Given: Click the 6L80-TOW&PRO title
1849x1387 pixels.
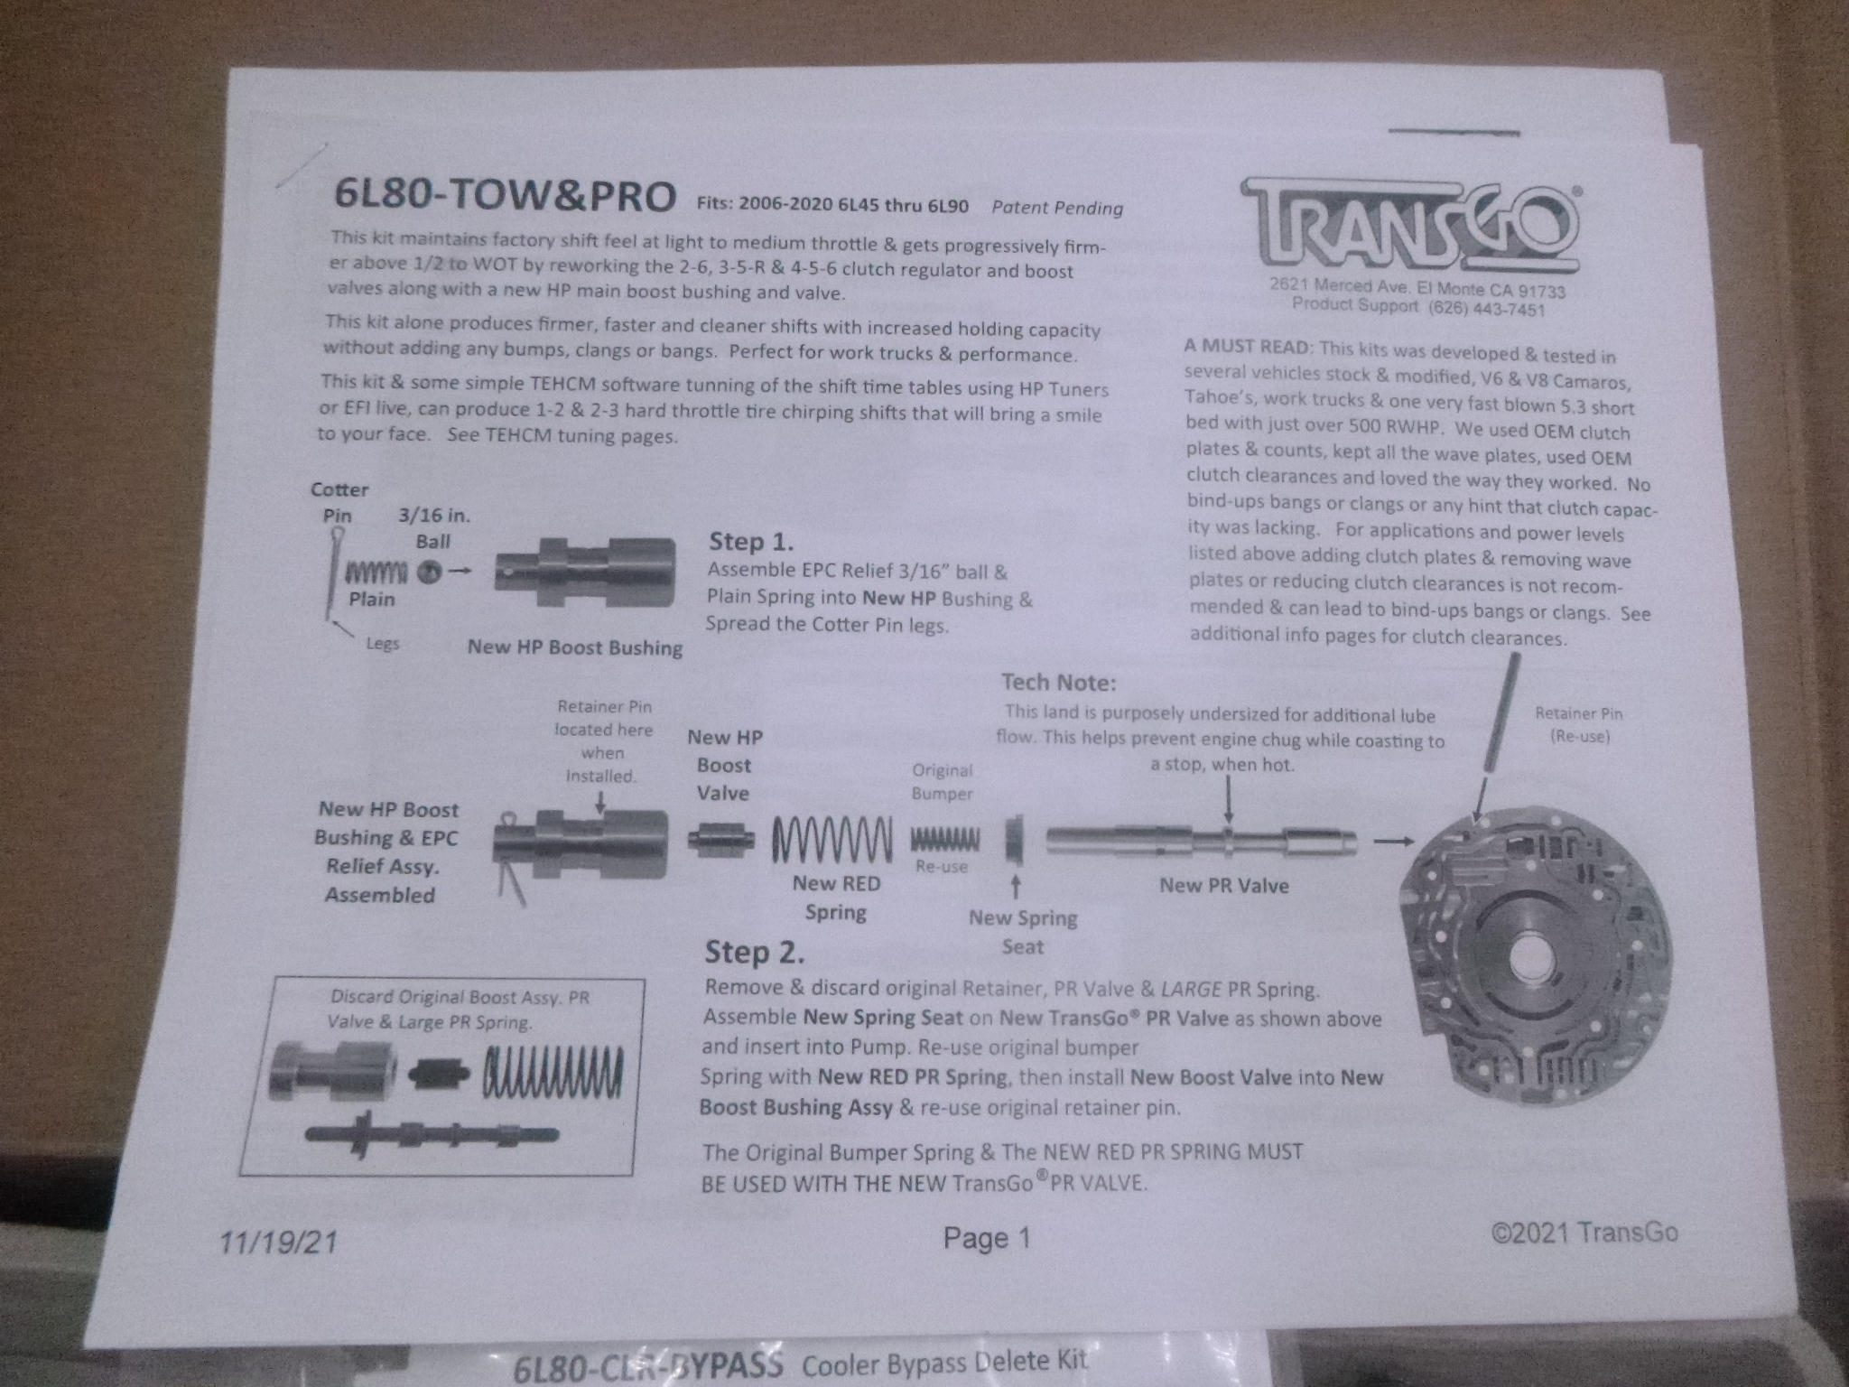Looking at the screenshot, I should (x=504, y=196).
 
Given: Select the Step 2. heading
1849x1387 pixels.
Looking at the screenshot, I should (x=754, y=952).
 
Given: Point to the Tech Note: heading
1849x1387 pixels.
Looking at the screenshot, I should (x=1058, y=683).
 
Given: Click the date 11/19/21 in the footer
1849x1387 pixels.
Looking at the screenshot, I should (x=278, y=1243).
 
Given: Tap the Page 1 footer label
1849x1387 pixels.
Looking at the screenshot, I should (x=986, y=1238).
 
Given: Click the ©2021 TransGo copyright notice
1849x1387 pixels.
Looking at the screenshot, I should (x=1584, y=1233).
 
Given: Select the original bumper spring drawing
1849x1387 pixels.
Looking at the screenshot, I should (x=944, y=840).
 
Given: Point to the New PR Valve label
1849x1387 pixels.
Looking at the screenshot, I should (x=1223, y=885).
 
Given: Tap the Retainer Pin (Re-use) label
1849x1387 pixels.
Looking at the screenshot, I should (x=1578, y=724).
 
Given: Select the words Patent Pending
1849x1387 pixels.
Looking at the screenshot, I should (x=1056, y=208).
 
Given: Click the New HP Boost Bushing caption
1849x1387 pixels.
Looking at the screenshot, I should (x=574, y=647).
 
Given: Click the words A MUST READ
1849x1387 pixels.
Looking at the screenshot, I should (x=1248, y=347).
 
